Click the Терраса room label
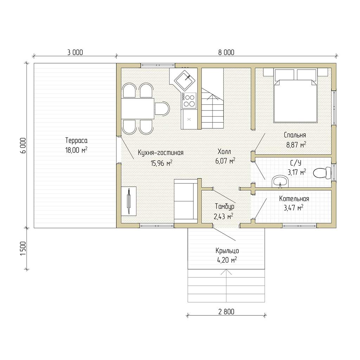76,140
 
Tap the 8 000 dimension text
226,53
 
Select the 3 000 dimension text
75,53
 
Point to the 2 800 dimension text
226,311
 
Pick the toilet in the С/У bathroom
322,173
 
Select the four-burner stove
189,100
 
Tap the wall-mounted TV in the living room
129,201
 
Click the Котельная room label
294,199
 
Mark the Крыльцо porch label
227,251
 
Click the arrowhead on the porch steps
226,272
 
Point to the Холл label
224,152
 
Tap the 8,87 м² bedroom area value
296,145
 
